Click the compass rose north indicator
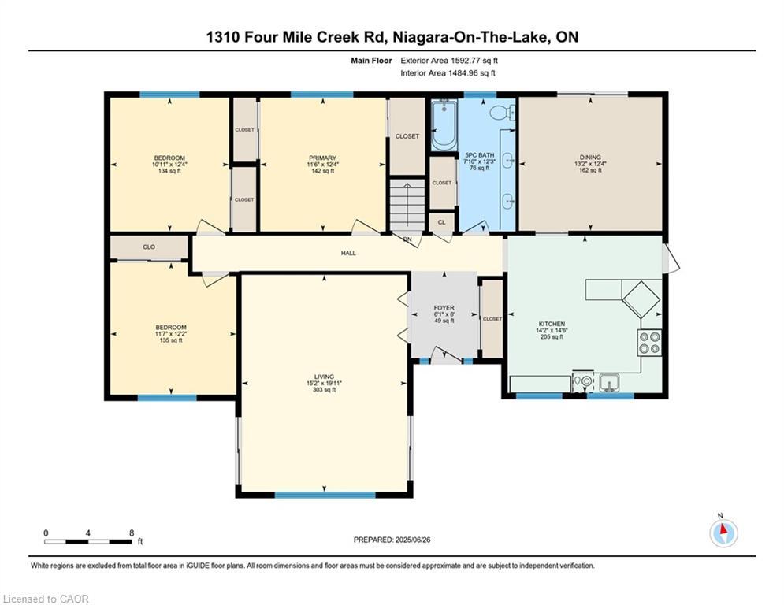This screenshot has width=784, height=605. (x=723, y=533)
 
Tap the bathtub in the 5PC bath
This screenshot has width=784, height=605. (x=444, y=124)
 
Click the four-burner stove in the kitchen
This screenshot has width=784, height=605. (x=648, y=342)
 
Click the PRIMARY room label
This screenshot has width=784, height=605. (x=322, y=158)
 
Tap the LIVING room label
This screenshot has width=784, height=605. (x=324, y=377)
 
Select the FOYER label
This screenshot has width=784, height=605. (x=444, y=308)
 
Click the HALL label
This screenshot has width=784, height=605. (x=348, y=253)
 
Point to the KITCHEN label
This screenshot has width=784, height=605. (x=552, y=324)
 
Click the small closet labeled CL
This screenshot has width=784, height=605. (x=442, y=222)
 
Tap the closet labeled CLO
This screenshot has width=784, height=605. (x=149, y=247)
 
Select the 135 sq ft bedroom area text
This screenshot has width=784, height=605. (x=170, y=340)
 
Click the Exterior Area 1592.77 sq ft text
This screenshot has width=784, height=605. (x=449, y=60)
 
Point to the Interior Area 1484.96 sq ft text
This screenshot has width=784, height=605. (x=448, y=73)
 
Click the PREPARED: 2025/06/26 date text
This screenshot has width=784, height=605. (x=392, y=540)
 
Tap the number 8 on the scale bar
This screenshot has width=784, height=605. (x=131, y=533)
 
